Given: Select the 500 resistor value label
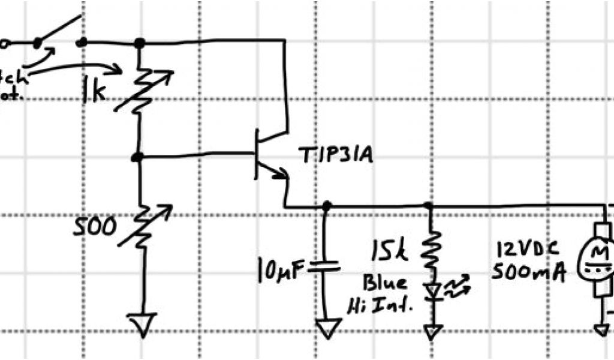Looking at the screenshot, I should pos(95,227).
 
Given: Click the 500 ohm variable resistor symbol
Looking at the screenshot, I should pos(143,227).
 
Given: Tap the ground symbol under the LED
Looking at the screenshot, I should pos(432,331).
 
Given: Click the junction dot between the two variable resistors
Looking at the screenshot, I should pos(138,157).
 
